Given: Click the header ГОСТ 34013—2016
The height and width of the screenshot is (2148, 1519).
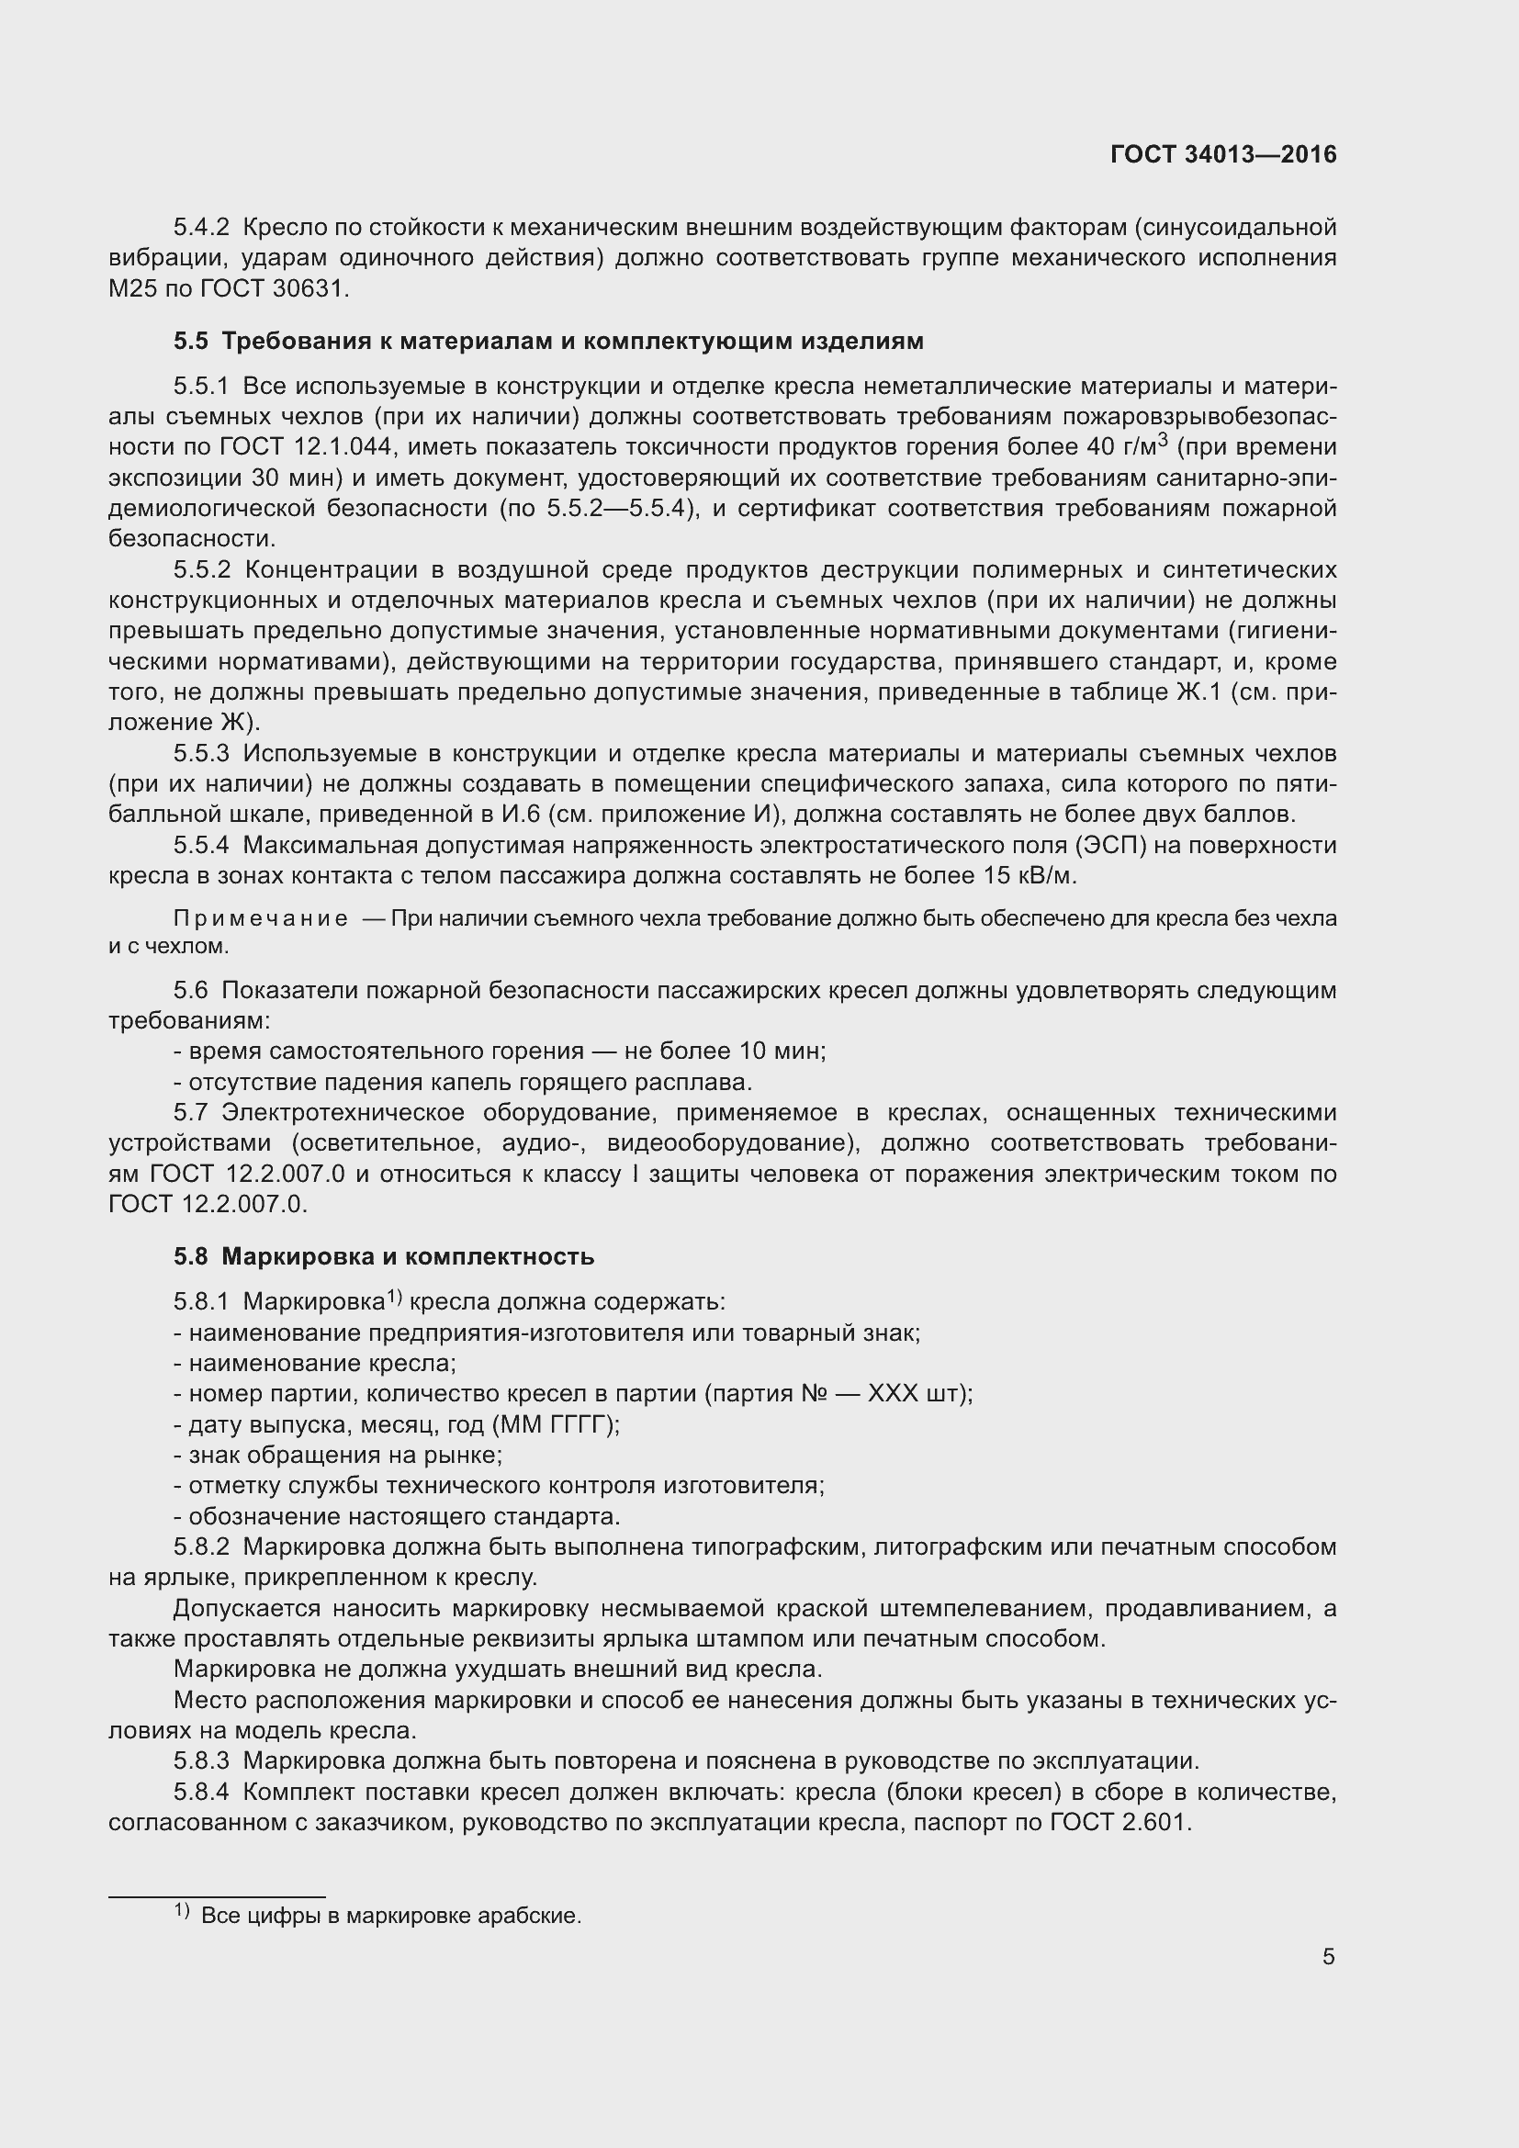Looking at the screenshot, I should pos(1222,154).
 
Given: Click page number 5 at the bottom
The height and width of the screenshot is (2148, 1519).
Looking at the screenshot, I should pos(1328,1956).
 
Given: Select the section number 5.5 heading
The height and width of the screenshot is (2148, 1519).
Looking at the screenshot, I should pos(190,342).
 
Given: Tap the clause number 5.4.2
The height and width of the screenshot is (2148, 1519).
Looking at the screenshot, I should pos(200,228).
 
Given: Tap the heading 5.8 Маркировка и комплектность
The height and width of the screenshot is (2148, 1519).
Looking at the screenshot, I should pos(384,1256).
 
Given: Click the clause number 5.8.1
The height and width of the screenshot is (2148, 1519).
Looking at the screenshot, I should pos(200,1302).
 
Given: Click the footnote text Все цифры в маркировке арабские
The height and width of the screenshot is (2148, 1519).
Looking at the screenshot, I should pos(391,1916).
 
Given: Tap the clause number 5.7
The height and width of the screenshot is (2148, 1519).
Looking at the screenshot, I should pos(190,1113).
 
